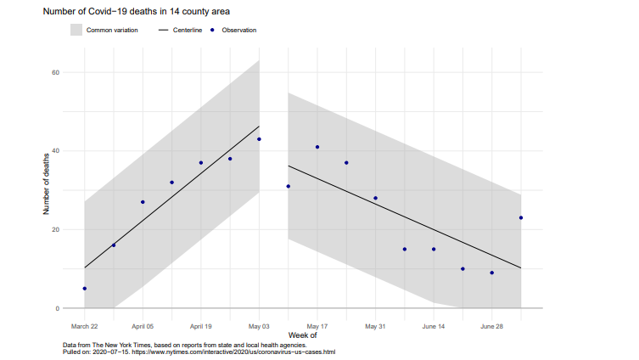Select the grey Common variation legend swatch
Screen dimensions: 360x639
point(76,30)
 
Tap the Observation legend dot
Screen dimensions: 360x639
point(211,30)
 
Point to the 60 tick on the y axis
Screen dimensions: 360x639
point(55,72)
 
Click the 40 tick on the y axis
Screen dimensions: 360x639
point(55,151)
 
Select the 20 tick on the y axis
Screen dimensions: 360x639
point(55,229)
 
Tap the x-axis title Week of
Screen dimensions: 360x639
point(301,336)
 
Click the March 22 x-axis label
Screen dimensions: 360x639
point(84,325)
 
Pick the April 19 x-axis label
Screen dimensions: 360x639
point(200,325)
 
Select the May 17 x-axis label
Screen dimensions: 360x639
point(317,325)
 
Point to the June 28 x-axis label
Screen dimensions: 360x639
point(491,325)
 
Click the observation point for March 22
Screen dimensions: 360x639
point(85,289)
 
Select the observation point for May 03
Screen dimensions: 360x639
point(259,139)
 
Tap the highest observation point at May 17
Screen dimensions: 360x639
point(317,147)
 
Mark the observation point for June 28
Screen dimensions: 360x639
point(491,273)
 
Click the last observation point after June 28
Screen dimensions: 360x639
point(520,218)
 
